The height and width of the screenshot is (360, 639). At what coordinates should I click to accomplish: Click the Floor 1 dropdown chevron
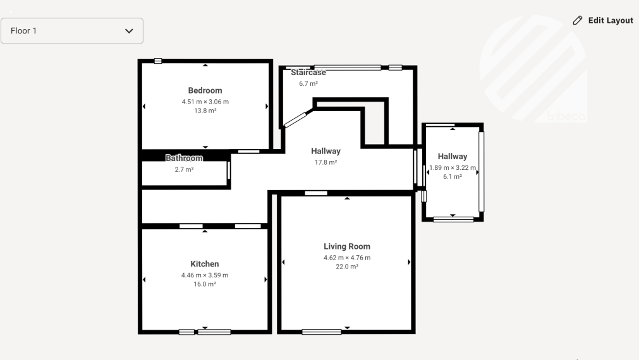pos(129,31)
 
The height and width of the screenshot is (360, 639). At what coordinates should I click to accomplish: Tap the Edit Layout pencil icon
pos(578,20)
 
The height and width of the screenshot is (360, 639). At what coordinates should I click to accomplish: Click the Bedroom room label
pos(205,90)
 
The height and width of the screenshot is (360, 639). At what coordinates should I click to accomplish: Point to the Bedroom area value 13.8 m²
pos(205,111)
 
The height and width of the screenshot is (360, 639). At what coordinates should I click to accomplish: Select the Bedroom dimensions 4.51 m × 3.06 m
pos(205,102)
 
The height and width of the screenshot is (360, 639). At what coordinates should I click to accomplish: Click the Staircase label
pos(308,73)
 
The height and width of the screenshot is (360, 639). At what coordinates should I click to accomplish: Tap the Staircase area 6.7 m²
pos(308,83)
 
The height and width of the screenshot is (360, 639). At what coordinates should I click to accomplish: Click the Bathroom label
pos(184,158)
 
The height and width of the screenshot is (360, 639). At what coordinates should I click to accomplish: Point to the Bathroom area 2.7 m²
pos(184,169)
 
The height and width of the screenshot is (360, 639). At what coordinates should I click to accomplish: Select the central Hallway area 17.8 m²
pos(326,162)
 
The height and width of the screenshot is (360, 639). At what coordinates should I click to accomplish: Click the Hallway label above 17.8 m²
pos(326,151)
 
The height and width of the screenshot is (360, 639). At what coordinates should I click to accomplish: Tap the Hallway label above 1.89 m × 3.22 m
pos(453,157)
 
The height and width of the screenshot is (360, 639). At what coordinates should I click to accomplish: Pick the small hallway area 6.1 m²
pos(453,177)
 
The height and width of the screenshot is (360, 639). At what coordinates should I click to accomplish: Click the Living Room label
pos(347,246)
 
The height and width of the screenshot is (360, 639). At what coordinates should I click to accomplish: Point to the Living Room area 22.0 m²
pos(347,267)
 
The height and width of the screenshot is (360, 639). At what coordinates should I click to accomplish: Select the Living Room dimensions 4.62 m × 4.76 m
pos(347,258)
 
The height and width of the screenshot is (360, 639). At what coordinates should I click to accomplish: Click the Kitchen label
pos(205,264)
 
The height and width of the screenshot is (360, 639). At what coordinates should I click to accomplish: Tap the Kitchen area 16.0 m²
pos(205,284)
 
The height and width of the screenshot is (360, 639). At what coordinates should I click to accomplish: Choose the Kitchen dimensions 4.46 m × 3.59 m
pos(205,275)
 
